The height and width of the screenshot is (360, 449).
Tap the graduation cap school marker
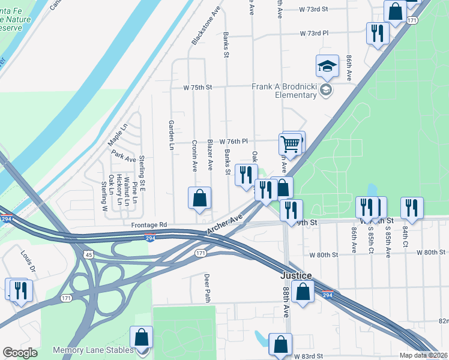click(x=327, y=67)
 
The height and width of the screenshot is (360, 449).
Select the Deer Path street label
click(x=206, y=288)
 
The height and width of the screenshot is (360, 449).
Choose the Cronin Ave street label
click(x=194, y=156)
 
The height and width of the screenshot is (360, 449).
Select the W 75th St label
click(x=198, y=87)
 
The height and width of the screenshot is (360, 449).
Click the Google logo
click(x=20, y=353)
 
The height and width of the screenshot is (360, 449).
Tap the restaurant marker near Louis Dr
click(x=20, y=290)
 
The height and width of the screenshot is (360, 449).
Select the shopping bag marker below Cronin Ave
click(x=200, y=198)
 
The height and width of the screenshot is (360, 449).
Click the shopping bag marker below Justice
click(x=304, y=292)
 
